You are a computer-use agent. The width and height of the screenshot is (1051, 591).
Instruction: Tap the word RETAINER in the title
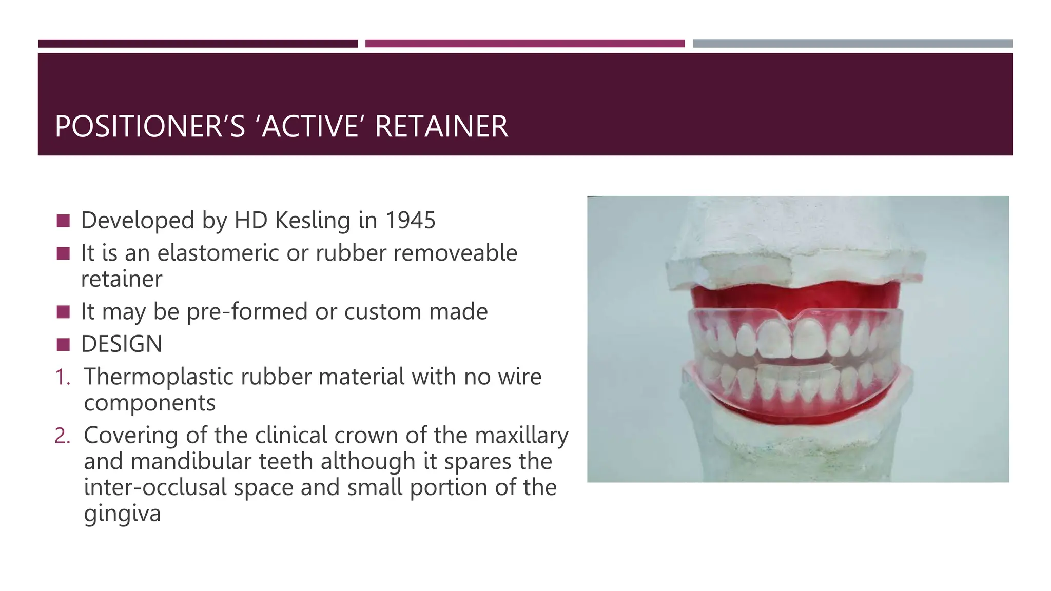coord(441,127)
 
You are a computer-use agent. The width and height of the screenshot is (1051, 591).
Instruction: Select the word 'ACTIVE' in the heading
coord(310,127)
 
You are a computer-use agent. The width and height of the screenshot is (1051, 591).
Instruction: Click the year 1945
coord(410,221)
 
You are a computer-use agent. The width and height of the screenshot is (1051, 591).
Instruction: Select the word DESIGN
coord(122,344)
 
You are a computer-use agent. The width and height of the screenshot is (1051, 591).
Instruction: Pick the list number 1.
coord(62,377)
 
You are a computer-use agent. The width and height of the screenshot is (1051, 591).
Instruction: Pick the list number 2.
coord(62,436)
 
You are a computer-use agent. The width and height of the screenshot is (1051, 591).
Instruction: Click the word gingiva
coord(122,514)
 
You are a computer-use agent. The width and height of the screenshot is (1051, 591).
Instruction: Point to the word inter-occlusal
coord(155,487)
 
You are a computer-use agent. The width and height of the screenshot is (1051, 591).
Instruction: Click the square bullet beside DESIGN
coord(63,344)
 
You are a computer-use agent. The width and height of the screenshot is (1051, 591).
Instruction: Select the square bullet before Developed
coord(63,221)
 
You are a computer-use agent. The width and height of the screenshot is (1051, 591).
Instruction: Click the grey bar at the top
coord(852,44)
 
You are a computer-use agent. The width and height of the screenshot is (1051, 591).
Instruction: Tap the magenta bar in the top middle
coord(524,44)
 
